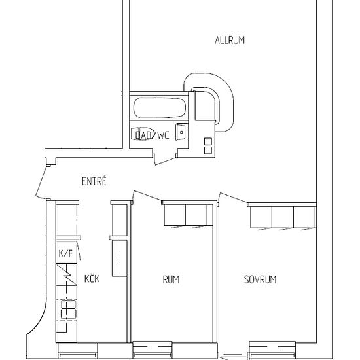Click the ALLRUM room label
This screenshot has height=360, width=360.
coord(230,40)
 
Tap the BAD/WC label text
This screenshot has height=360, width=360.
coord(153,135)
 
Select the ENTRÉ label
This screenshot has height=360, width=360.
coord(94,181)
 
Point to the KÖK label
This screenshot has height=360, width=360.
coord(92,278)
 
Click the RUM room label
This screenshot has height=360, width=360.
coord(171,279)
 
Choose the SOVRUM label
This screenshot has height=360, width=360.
coord(260,279)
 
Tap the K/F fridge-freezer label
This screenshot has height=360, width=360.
coord(65,253)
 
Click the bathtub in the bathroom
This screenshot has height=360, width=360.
coord(160,108)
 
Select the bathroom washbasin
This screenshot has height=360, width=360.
coord(181,132)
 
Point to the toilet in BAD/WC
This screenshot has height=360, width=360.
coord(143,134)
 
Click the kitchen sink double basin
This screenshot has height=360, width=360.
coord(68,310)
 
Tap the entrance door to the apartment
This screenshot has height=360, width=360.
coord(41,181)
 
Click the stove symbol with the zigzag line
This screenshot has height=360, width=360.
coord(66,275)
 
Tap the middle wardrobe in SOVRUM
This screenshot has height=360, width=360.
coord(283,217)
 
